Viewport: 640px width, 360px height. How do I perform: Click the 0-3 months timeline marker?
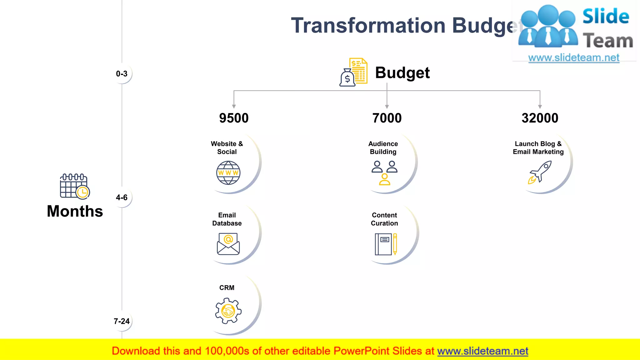pyautogui.click(x=122, y=74)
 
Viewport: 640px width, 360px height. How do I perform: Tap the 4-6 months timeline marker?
pyautogui.click(x=122, y=197)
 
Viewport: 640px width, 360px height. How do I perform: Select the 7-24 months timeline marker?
pyautogui.click(x=122, y=321)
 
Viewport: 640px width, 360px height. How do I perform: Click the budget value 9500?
pyautogui.click(x=234, y=118)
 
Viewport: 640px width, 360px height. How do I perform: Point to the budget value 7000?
pyautogui.click(x=387, y=118)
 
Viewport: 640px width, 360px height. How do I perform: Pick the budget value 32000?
pyautogui.click(x=540, y=118)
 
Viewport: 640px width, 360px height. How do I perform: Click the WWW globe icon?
pyautogui.click(x=228, y=173)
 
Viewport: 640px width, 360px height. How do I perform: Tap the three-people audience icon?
pyautogui.click(x=384, y=173)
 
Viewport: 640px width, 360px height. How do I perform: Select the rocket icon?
pyautogui.click(x=540, y=172)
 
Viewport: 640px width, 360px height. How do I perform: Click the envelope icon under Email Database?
pyautogui.click(x=228, y=244)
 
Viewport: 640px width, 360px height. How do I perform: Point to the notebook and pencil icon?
pyautogui.click(x=386, y=244)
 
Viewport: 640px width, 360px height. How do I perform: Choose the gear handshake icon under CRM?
pyautogui.click(x=228, y=311)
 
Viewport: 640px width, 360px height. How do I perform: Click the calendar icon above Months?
pyautogui.click(x=75, y=186)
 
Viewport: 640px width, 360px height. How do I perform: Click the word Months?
pyautogui.click(x=75, y=211)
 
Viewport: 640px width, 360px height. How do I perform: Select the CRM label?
pyautogui.click(x=227, y=288)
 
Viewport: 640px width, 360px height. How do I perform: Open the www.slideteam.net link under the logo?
pyautogui.click(x=574, y=58)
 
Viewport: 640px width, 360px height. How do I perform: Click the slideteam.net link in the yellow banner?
pyautogui.click(x=482, y=351)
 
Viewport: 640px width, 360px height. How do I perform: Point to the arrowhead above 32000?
pyautogui.click(x=540, y=107)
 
